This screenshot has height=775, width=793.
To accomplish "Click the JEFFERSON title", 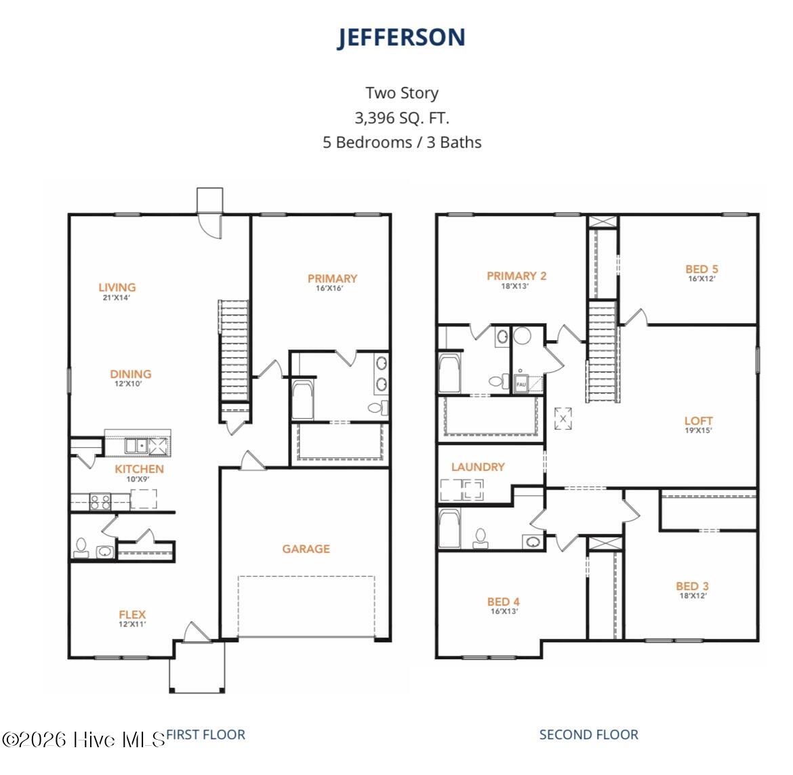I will point(401,38).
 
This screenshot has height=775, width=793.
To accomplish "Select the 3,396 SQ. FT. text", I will point(401,118).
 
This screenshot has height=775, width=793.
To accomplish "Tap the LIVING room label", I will point(117,288).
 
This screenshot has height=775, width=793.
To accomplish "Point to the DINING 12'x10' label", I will point(131,375).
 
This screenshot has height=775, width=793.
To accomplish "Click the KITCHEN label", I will point(139,469).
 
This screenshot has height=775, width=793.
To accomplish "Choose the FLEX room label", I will point(132,615).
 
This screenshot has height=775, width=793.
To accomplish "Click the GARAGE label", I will point(306,549).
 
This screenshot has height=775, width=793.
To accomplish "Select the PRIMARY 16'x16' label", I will point(332,279).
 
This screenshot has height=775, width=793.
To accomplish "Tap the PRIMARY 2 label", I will point(516,276).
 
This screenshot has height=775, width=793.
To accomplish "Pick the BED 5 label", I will point(701,270).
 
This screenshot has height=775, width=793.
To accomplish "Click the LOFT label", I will point(698,421).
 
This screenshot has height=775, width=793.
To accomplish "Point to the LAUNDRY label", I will point(478,467).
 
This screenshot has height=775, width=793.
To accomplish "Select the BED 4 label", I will point(503,602).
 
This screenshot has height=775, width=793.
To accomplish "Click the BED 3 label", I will point(692,587).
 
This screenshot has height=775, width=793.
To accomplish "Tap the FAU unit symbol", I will point(521,383).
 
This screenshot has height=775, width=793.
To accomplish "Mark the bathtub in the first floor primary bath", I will point(303,400).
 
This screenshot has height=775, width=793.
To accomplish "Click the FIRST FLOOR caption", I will point(205,734).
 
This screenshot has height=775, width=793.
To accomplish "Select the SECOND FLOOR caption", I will point(588,734).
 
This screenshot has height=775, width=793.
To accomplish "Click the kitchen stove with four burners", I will point(101,502).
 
